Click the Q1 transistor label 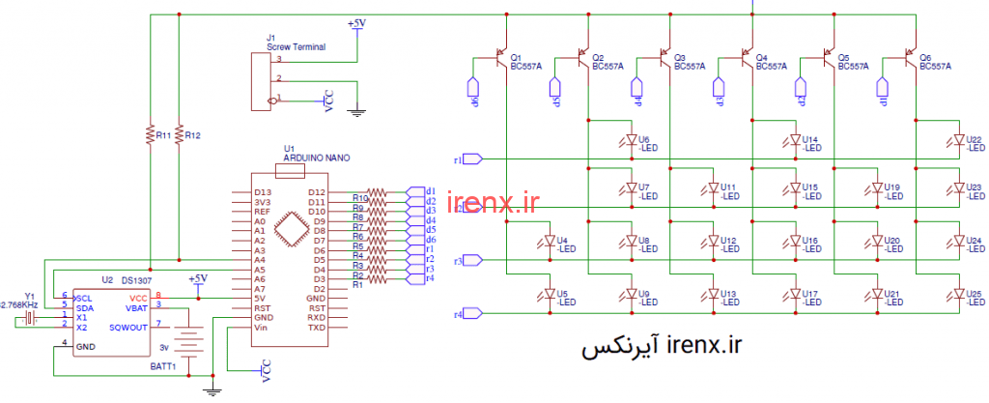point(516,57)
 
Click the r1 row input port point(471,158)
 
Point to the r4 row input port point(471,313)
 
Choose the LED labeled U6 point(631,141)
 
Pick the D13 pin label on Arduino point(262,192)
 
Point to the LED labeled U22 point(959,141)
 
